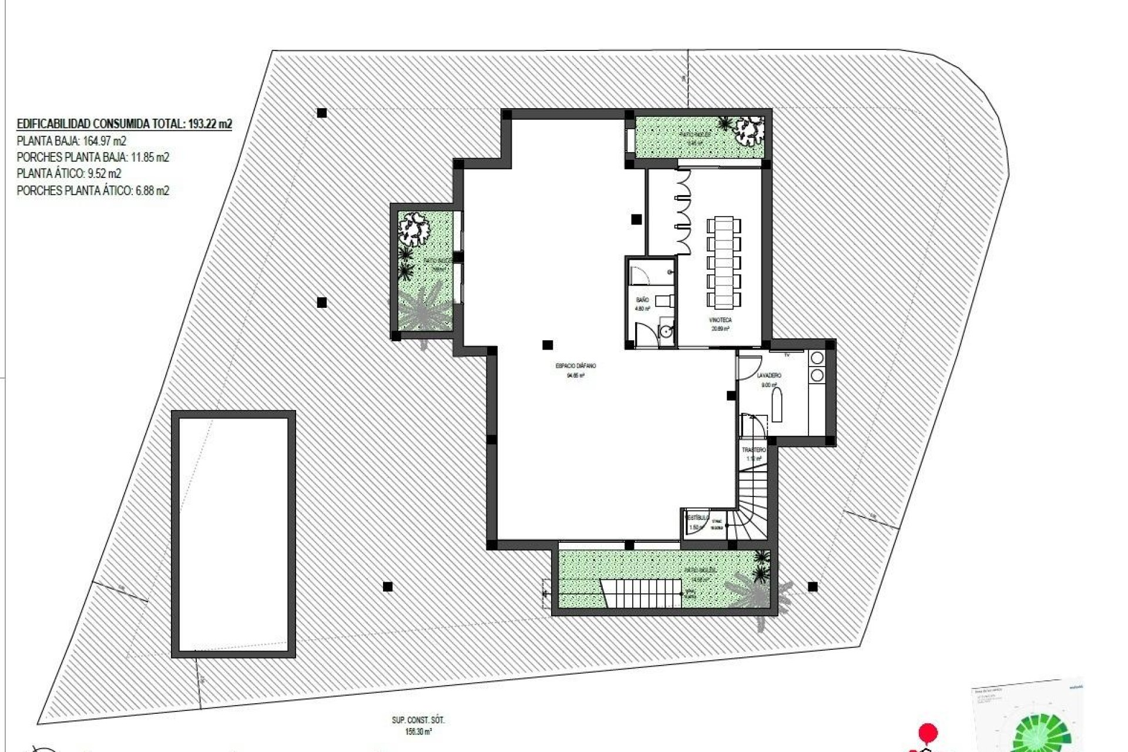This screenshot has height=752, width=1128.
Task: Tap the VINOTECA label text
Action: coord(721,320)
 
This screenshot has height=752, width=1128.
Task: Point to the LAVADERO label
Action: coord(769,375)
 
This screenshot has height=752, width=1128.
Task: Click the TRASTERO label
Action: coord(754,450)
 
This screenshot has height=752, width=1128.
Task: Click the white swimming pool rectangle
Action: coord(233,534)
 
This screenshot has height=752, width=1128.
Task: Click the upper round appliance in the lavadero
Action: coord(817,358)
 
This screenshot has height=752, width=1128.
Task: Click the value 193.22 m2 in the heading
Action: coord(209,124)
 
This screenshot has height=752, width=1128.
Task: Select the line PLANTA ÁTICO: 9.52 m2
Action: coord(69,174)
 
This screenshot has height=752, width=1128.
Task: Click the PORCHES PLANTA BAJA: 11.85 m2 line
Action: coord(93,157)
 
